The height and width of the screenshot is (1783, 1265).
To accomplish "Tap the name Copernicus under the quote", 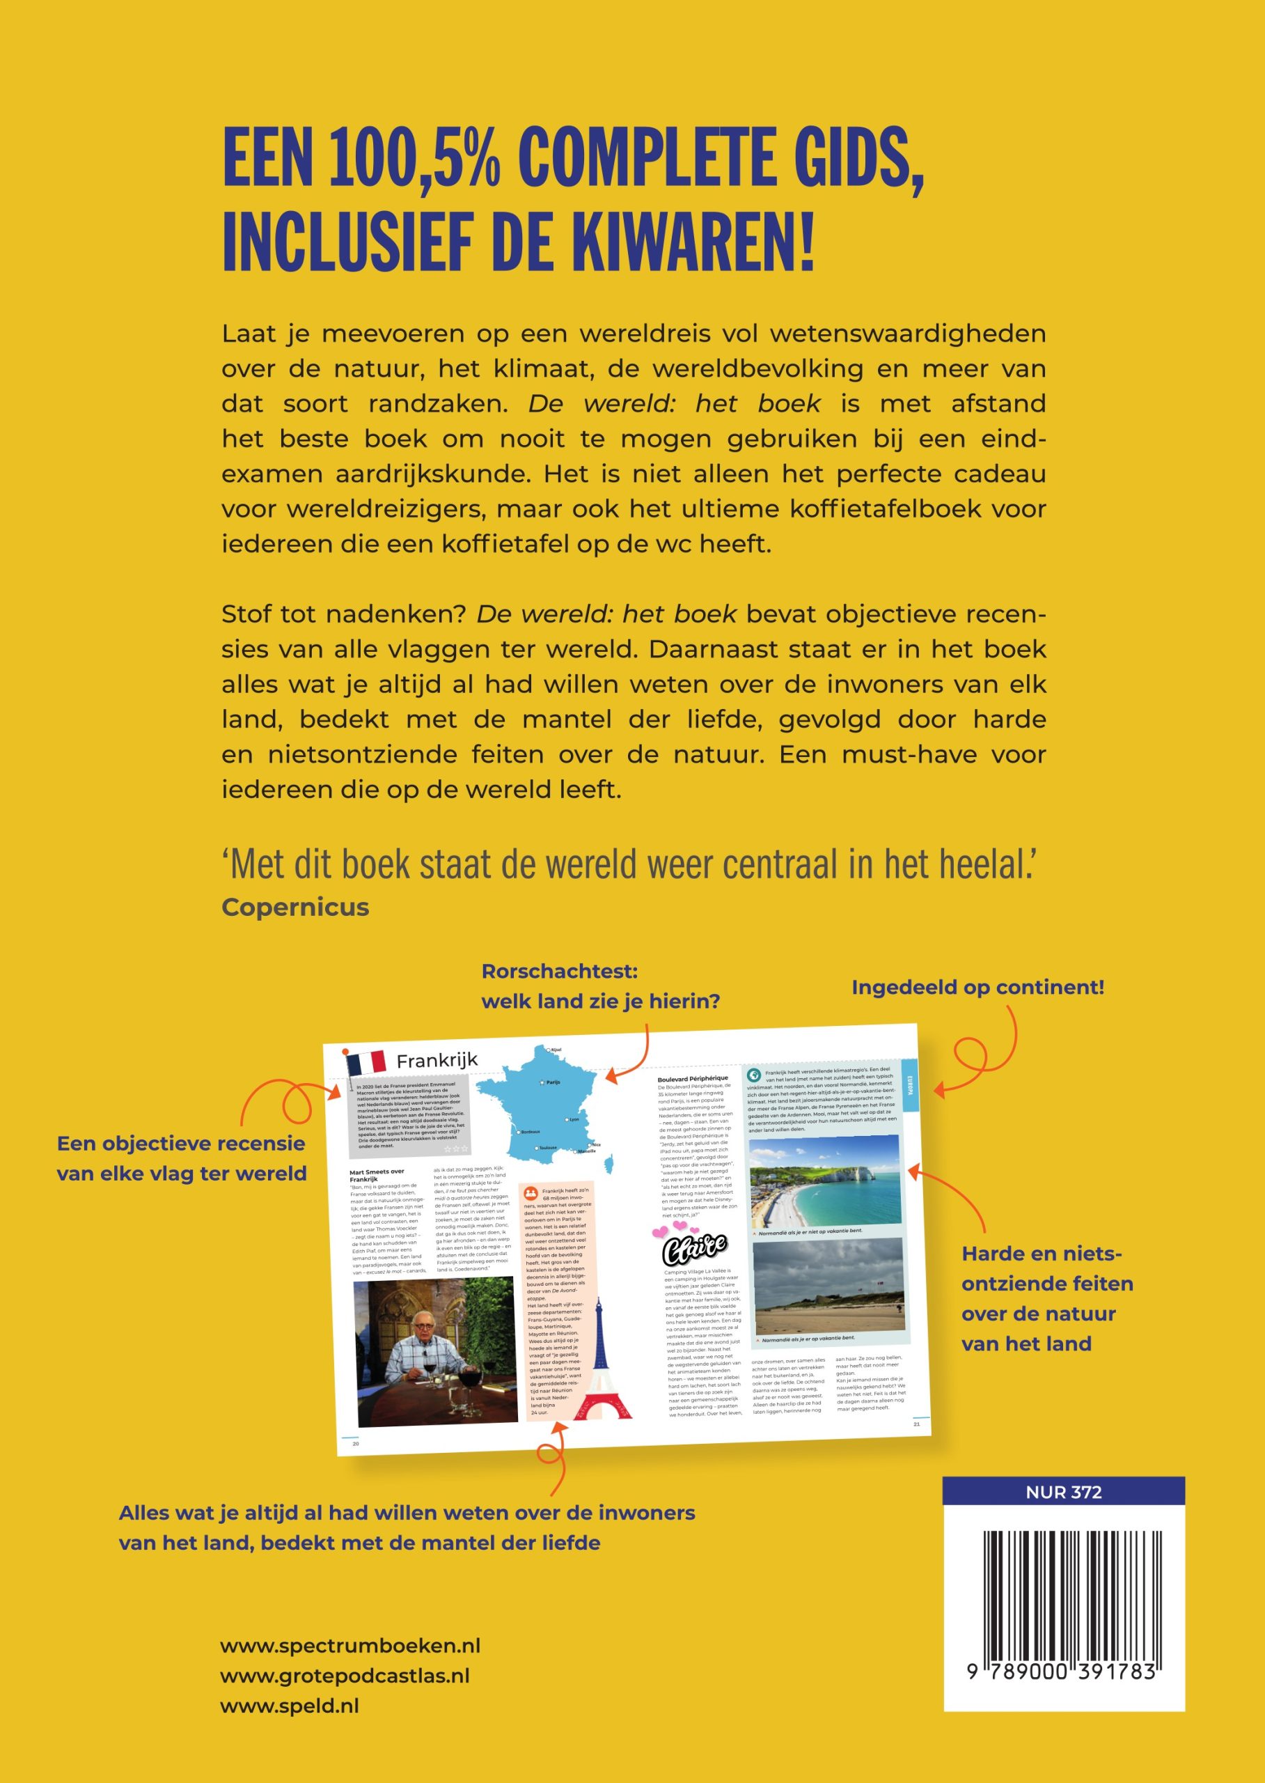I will [x=295, y=907].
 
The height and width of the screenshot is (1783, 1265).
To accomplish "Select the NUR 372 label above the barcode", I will [x=1063, y=1493].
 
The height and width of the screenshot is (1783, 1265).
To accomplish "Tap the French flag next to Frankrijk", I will [x=366, y=1062].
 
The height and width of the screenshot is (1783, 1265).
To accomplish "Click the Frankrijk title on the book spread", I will [x=437, y=1060].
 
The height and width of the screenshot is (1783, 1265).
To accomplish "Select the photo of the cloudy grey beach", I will [x=828, y=1286].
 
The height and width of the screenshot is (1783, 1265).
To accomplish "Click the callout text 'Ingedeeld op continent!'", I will [x=977, y=988].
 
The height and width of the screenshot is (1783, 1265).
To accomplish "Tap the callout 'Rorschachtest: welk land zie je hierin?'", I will [x=600, y=987].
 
